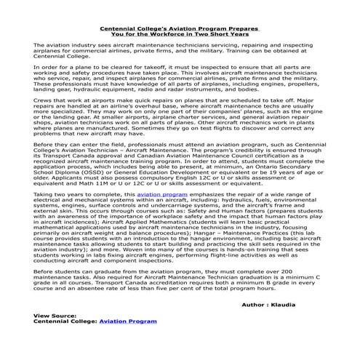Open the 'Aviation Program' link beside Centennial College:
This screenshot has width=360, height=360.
pyautogui.click(x=128, y=340)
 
